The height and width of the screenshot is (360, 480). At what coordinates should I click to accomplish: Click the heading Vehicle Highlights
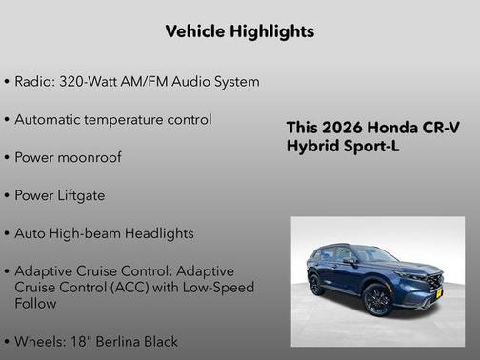tap(239, 31)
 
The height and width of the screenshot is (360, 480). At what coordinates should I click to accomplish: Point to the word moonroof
tap(90, 157)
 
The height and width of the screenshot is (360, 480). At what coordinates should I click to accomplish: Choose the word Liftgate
tap(80, 195)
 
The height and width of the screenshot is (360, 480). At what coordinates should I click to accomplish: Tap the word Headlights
tap(160, 233)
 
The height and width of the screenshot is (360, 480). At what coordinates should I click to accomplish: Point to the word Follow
tap(35, 303)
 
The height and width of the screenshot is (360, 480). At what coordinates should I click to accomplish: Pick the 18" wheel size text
tap(77, 340)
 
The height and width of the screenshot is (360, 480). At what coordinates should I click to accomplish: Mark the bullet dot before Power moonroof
tap(7, 158)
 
